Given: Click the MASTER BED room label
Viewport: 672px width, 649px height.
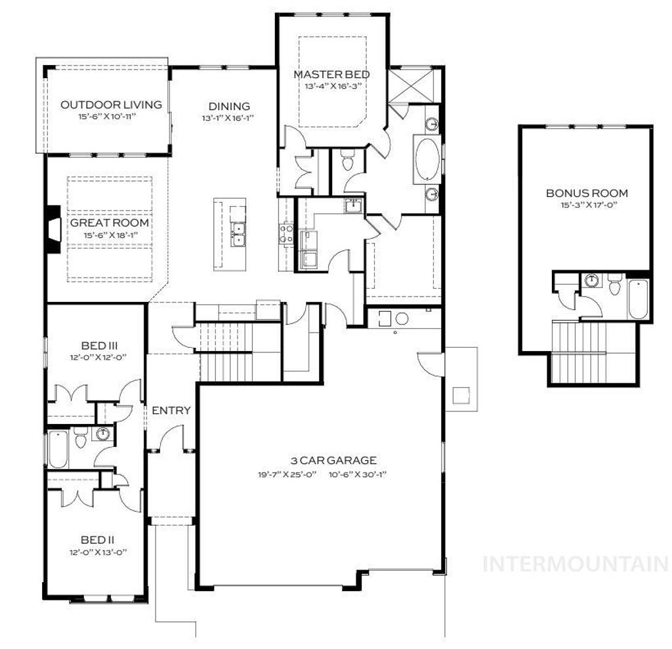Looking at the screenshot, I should coord(331,74).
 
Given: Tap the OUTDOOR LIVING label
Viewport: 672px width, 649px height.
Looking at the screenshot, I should coord(102,104).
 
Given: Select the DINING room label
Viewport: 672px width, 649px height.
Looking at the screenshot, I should coord(229,106).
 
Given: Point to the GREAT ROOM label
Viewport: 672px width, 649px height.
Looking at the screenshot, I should coord(110,222).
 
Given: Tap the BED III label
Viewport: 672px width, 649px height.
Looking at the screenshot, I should coord(94,345).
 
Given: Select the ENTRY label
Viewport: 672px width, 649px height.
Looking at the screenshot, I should coord(171,411).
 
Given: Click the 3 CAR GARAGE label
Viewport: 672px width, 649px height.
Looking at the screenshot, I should coord(324,460).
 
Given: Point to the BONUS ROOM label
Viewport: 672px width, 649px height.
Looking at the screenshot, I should coord(587,193).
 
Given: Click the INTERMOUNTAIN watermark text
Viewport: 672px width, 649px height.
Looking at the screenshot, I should coord(575,564).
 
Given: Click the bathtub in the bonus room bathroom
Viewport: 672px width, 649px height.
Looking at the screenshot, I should coord(639,299).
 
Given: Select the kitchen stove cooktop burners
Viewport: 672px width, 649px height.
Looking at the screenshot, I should coord(286,233).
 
